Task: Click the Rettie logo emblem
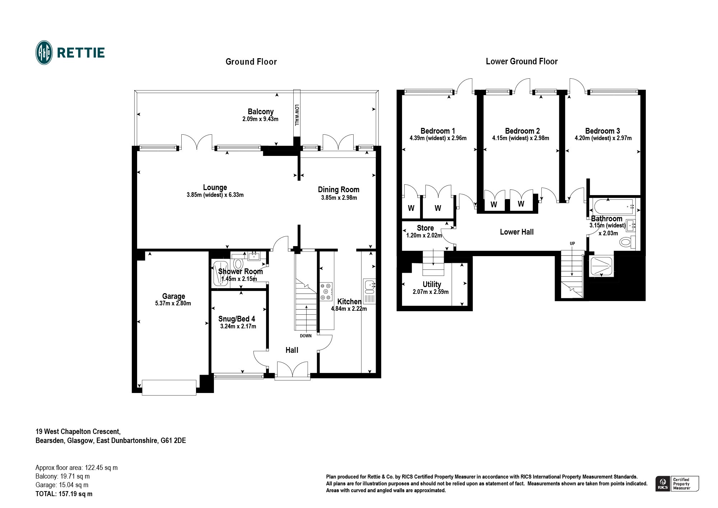coord(44,53)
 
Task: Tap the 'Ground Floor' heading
coord(251,62)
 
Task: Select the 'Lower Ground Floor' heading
coord(522,61)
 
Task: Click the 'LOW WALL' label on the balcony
coord(297,115)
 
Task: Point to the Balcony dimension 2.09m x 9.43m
coord(260,119)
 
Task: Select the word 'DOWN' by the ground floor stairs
coord(306,336)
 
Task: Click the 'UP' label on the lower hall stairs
coord(572,244)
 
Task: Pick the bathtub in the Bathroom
coord(614,207)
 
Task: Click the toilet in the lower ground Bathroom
coord(628,242)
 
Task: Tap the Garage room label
coord(173,296)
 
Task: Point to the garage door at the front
coord(169,387)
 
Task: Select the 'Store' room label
coord(425,228)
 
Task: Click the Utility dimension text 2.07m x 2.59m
coord(431,292)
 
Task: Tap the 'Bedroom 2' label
coord(522,131)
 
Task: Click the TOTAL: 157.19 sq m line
coord(64,494)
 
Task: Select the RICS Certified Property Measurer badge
coord(677,484)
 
